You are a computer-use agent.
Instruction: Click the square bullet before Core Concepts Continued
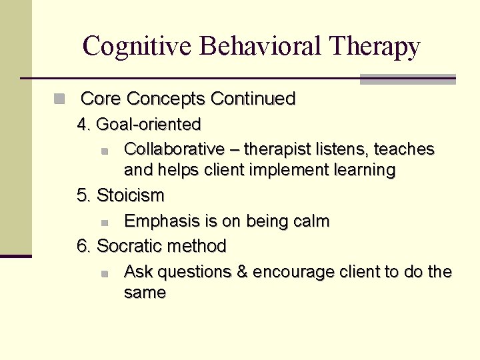(60, 99)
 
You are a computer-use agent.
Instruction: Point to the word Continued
(253, 99)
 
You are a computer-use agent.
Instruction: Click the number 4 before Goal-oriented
(83, 125)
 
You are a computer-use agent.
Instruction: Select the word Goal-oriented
(149, 125)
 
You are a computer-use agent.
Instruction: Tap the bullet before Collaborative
(105, 150)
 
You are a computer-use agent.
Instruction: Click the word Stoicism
(131, 196)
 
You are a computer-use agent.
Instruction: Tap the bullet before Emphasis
(105, 222)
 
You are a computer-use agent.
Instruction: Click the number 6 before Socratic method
(83, 247)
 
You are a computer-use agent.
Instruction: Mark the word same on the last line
(145, 293)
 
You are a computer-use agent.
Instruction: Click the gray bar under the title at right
(407, 79)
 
